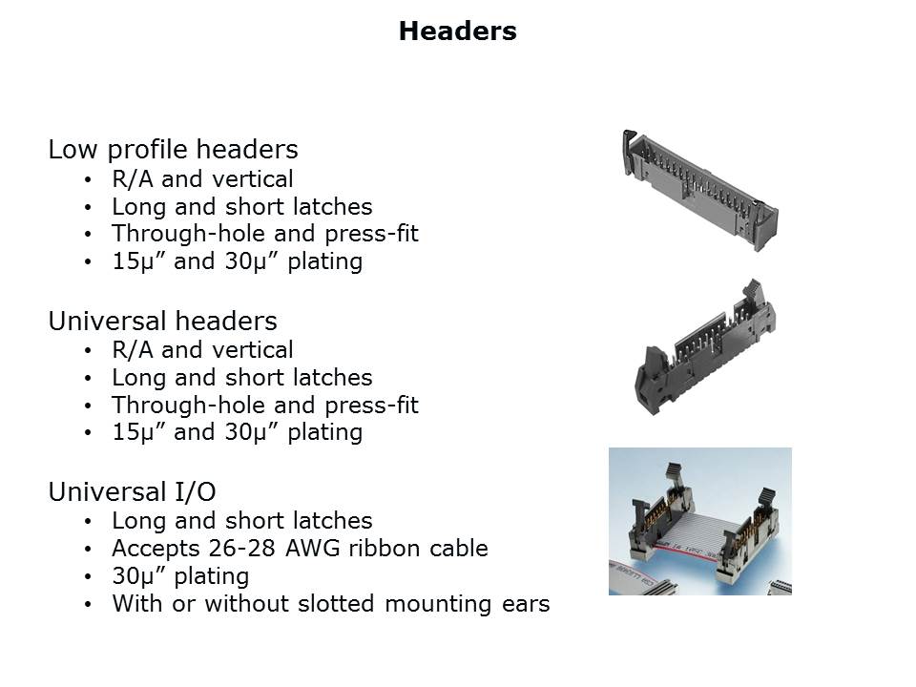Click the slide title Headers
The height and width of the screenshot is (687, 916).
click(457, 31)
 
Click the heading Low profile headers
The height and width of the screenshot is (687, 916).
click(173, 150)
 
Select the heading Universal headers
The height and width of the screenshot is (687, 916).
click(162, 321)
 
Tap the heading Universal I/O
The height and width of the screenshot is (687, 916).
click(132, 492)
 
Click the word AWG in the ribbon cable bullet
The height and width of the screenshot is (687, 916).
click(313, 549)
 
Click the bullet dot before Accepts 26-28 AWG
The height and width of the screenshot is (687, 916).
click(88, 550)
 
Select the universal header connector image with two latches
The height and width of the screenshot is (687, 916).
click(705, 347)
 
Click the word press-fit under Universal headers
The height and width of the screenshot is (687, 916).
click(371, 406)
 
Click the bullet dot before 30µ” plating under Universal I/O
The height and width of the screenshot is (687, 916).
click(88, 576)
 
